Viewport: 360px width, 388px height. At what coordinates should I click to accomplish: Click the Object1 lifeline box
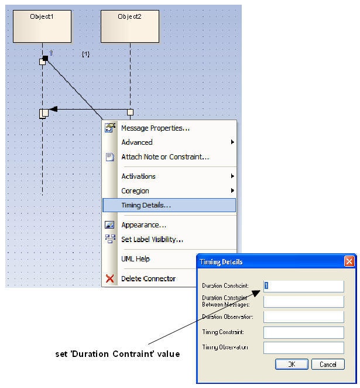pos(42,26)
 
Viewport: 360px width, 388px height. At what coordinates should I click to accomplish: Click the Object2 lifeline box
pos(130,26)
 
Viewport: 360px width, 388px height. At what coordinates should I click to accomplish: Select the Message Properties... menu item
pos(155,128)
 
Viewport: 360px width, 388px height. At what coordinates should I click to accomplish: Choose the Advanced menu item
pos(137,142)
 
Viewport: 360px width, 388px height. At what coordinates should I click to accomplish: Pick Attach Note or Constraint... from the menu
pos(164,157)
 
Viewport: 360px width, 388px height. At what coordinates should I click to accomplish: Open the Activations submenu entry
pos(138,176)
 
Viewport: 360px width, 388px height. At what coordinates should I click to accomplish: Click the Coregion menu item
pos(135,191)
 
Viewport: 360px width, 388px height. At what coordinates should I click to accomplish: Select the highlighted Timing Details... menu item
pos(146,205)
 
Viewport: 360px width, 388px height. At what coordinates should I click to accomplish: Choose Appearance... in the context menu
pos(143,224)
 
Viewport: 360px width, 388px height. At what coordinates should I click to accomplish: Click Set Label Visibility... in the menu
pos(152,239)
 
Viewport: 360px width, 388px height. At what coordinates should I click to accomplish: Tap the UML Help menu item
pos(135,259)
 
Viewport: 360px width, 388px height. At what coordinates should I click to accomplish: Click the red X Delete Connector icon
pos(109,278)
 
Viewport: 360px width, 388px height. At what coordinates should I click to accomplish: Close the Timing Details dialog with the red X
pos(349,261)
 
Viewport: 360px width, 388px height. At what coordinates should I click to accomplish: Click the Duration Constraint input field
pos(303,286)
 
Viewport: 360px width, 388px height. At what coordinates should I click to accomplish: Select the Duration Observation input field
pos(303,316)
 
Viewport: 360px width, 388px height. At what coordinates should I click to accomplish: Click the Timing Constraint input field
pos(303,332)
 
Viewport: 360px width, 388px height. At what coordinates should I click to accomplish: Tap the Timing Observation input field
pos(303,348)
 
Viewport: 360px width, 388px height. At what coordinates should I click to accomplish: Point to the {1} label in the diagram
pos(85,54)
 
